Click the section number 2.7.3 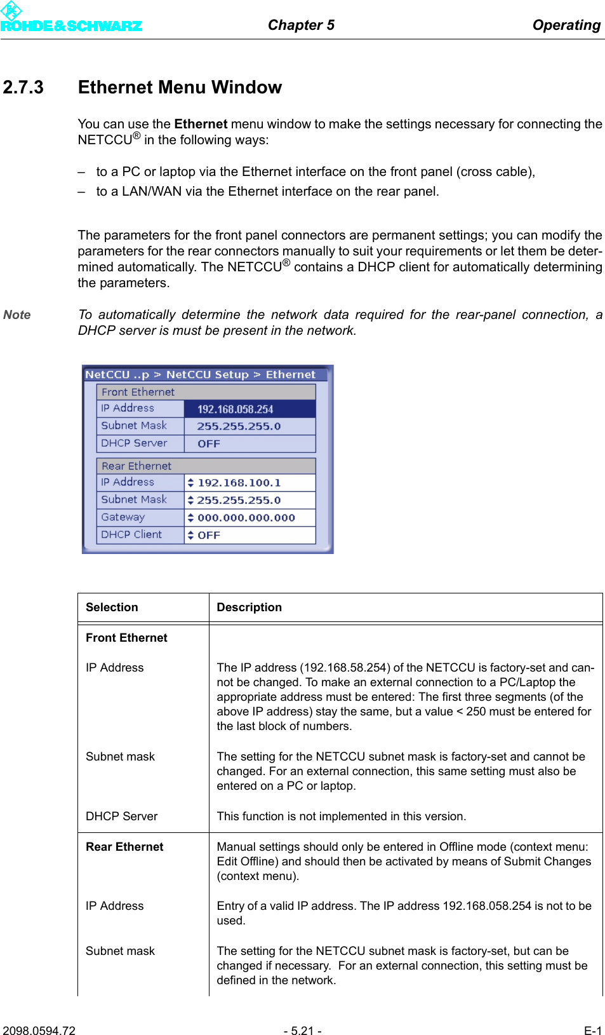(23, 87)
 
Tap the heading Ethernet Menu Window (180, 87)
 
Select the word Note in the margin (17, 315)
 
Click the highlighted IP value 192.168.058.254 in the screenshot (235, 409)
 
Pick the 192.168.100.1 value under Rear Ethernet (239, 483)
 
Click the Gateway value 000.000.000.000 (246, 518)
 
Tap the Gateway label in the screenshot (123, 517)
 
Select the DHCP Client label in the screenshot (131, 534)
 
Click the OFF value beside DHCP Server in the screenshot (209, 443)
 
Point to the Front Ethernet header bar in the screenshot (206, 392)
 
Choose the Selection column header (112, 607)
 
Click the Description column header (249, 607)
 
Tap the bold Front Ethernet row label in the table (126, 638)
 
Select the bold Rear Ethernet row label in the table (124, 847)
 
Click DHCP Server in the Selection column (121, 816)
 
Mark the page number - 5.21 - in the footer (302, 1031)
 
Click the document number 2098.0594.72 (39, 1031)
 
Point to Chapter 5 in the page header (301, 25)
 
